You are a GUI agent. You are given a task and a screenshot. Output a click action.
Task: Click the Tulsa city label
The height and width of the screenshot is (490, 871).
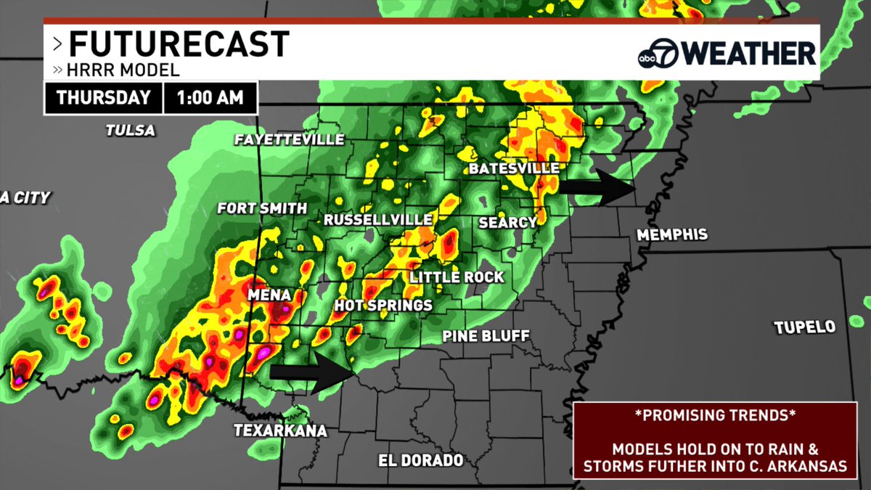pyautogui.click(x=131, y=131)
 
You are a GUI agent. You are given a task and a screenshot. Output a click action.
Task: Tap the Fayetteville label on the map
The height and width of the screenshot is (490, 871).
pyautogui.click(x=289, y=139)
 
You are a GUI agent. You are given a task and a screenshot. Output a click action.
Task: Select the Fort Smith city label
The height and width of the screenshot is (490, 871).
pyautogui.click(x=262, y=208)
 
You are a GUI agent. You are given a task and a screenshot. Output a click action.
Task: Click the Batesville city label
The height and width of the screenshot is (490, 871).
pyautogui.click(x=514, y=168)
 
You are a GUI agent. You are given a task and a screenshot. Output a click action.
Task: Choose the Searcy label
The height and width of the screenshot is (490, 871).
pyautogui.click(x=507, y=223)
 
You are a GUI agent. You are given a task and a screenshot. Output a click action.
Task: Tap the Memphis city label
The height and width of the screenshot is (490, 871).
pyautogui.click(x=671, y=235)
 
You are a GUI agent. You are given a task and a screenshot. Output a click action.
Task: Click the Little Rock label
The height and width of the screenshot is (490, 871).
pyautogui.click(x=457, y=277)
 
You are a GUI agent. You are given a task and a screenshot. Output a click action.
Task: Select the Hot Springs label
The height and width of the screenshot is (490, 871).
pyautogui.click(x=383, y=306)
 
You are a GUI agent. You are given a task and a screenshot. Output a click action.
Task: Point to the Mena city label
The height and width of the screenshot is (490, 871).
pyautogui.click(x=269, y=295)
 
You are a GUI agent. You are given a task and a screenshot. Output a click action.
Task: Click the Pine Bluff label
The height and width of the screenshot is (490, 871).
pyautogui.click(x=486, y=336)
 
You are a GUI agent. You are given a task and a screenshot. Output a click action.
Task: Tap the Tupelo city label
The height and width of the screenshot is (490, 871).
pyautogui.click(x=805, y=327)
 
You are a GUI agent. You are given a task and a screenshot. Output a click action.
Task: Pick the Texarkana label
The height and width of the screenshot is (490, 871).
pyautogui.click(x=280, y=430)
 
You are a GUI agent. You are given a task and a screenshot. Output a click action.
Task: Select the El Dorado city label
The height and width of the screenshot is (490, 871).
pyautogui.click(x=421, y=460)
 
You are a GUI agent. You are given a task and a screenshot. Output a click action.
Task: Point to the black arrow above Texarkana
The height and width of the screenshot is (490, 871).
pyautogui.click(x=312, y=373)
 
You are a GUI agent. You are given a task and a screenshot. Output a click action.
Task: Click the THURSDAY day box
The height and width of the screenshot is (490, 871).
pyautogui.click(x=103, y=97)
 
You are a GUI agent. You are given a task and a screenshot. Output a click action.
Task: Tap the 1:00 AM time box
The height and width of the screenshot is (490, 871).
pyautogui.click(x=210, y=97)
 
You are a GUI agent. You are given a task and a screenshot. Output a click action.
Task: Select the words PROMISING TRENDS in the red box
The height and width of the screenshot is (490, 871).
pyautogui.click(x=714, y=416)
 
